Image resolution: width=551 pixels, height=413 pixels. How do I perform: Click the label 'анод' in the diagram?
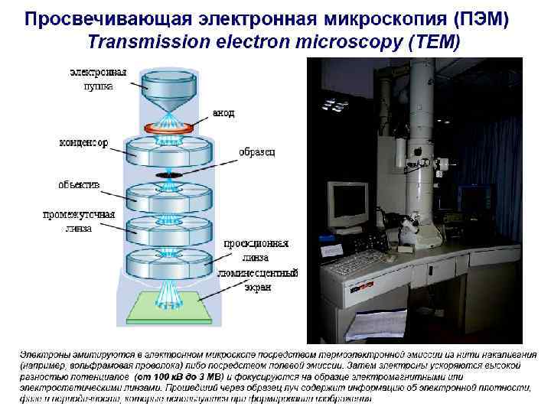[223, 113]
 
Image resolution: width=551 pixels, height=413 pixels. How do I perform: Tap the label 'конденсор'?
[83, 142]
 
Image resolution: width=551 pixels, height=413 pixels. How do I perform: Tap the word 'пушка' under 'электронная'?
[98, 86]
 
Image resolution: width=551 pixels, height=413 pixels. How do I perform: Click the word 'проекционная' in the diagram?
[256, 244]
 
